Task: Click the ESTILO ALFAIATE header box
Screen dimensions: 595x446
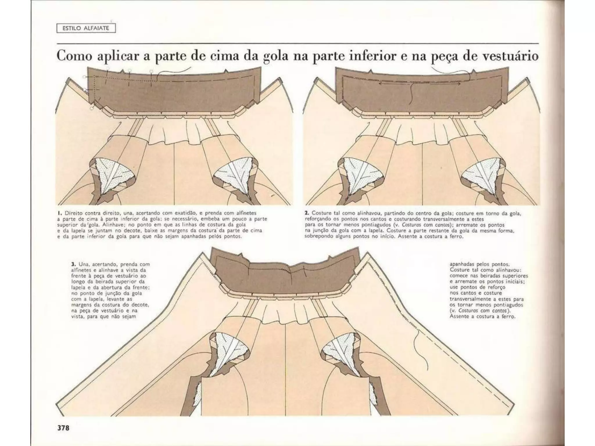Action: [x=86, y=28]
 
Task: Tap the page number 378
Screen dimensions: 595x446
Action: [x=63, y=428]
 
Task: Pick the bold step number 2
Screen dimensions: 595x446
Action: [x=307, y=213]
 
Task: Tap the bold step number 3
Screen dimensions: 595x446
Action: [x=73, y=264]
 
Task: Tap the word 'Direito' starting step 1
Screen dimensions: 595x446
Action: [x=73, y=213]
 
